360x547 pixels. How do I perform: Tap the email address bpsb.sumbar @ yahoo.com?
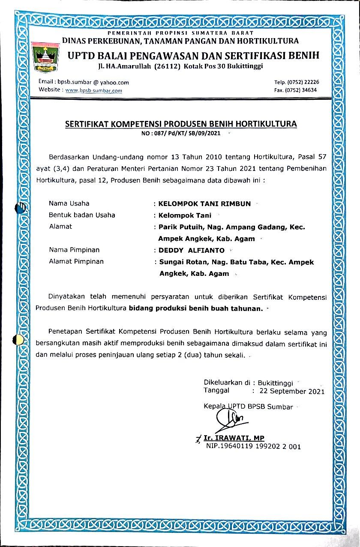click(84, 82)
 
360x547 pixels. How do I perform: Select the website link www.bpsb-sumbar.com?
click(93, 90)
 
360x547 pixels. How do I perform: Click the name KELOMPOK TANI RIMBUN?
click(204, 203)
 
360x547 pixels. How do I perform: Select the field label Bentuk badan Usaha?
click(82, 215)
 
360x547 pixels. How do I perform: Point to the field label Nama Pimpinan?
click(74, 250)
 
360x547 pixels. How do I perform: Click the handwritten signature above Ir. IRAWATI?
click(229, 417)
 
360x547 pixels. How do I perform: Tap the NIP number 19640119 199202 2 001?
click(253, 446)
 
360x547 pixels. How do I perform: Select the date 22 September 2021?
click(292, 391)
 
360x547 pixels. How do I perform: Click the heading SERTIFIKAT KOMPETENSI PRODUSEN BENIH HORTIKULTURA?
click(180, 125)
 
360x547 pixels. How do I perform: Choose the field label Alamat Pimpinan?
click(76, 261)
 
